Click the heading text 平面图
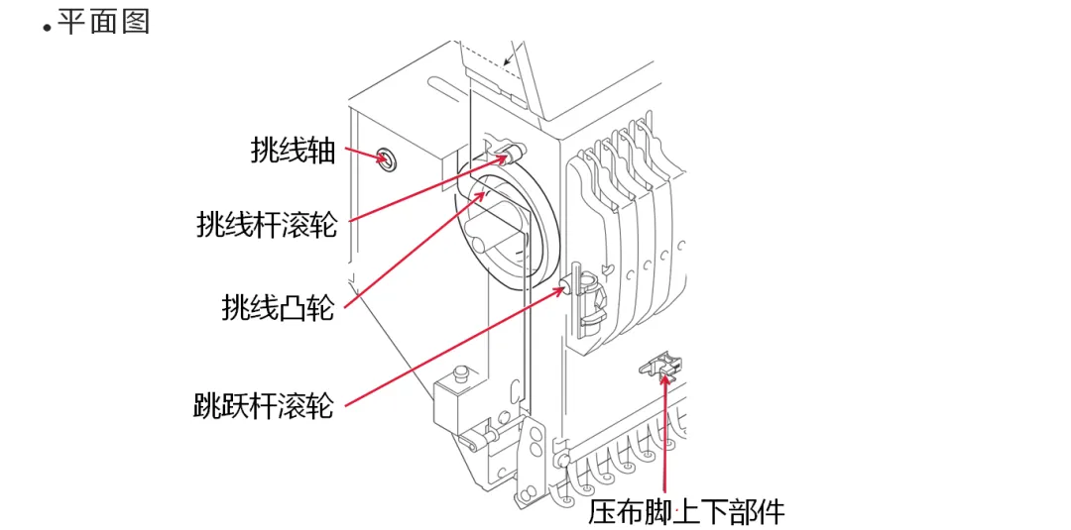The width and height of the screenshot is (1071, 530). click(103, 22)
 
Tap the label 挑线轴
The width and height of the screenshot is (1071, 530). click(293, 152)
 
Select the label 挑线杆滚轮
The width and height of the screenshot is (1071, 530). click(267, 224)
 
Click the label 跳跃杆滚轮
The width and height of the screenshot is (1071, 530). click(264, 405)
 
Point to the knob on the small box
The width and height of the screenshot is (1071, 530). click(458, 373)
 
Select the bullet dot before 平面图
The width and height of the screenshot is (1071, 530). click(46, 29)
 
